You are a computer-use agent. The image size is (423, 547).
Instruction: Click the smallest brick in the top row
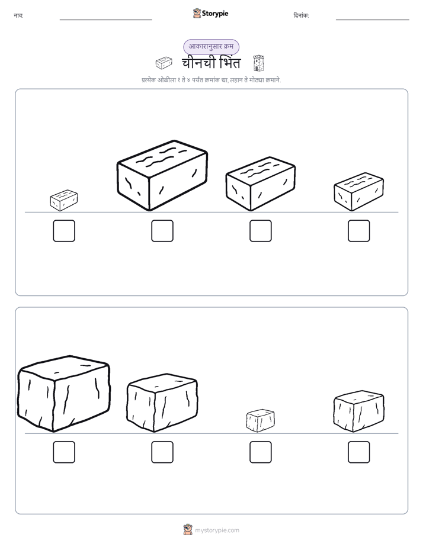pyautogui.click(x=64, y=200)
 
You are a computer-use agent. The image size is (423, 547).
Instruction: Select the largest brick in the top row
pyautogui.click(x=162, y=175)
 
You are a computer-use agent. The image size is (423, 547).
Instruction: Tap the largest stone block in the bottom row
pyautogui.click(x=64, y=394)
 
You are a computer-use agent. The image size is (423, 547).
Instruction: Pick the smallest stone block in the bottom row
pyautogui.click(x=260, y=420)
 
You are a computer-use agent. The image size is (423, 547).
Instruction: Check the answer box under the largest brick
pyautogui.click(x=162, y=231)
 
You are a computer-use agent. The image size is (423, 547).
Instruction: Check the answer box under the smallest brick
pyautogui.click(x=64, y=231)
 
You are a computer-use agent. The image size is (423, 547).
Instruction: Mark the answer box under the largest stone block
pyautogui.click(x=64, y=452)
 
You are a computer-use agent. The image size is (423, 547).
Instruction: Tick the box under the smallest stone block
pyautogui.click(x=260, y=452)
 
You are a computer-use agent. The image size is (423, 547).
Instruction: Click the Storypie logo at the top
pyautogui.click(x=210, y=13)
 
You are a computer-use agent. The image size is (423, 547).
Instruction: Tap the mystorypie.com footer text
pyautogui.click(x=217, y=530)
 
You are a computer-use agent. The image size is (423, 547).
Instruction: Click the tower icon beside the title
pyautogui.click(x=259, y=63)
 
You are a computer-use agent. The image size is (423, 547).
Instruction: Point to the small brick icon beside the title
pyautogui.click(x=164, y=63)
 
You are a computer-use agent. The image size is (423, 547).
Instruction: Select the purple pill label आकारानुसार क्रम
pyautogui.click(x=211, y=47)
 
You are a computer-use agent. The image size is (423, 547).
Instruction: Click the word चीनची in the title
pyautogui.click(x=197, y=63)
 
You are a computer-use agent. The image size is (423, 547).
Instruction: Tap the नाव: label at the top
pyautogui.click(x=18, y=15)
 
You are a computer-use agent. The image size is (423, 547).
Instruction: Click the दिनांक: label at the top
pyautogui.click(x=301, y=15)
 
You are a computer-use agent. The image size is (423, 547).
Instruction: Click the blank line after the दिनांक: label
pyautogui.click(x=373, y=20)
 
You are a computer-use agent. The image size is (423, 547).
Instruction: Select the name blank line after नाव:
pyautogui.click(x=105, y=20)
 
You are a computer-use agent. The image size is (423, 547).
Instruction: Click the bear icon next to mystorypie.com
pyautogui.click(x=188, y=530)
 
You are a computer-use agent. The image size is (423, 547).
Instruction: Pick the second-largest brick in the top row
pyautogui.click(x=260, y=184)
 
